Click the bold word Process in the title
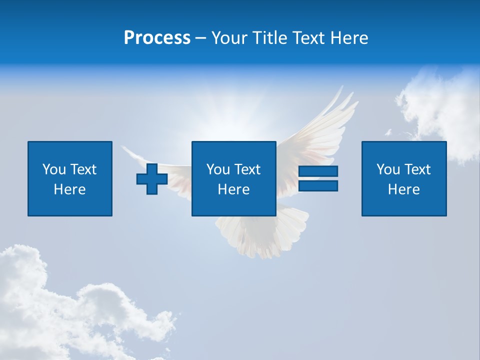157,38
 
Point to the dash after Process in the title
200,38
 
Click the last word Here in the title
349,38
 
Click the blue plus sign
152,179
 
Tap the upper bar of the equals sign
318,171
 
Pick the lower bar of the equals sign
318,185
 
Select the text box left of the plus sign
70,178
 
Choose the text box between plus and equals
233,178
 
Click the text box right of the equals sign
403,178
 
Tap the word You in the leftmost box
54,169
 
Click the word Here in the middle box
233,189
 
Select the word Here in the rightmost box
403,189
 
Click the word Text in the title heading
309,38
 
